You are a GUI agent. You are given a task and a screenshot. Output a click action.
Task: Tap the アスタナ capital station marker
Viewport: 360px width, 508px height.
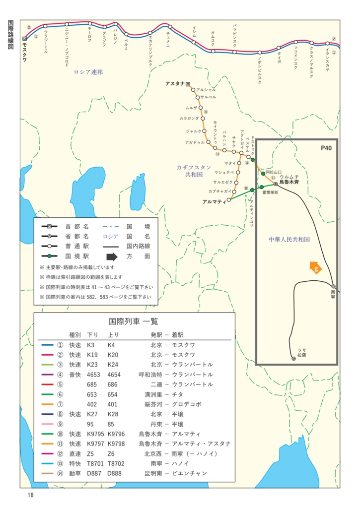coord(188,84)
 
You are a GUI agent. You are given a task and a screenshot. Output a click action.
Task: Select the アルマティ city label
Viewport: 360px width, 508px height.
coord(215,202)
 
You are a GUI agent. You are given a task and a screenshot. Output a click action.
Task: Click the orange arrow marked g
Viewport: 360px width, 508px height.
coord(314,268)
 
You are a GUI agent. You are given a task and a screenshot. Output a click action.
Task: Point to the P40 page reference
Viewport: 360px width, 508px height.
coord(326,148)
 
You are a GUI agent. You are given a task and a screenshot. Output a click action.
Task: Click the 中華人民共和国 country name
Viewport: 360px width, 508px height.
coord(289,239)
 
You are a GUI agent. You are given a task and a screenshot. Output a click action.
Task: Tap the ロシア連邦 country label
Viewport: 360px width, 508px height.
coord(88,72)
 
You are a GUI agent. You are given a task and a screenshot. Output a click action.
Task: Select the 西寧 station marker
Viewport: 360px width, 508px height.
coord(334,286)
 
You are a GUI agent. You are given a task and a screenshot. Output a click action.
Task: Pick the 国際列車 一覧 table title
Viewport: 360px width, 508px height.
coord(134,321)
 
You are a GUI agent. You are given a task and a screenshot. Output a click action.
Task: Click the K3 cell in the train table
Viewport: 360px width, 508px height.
coord(90,345)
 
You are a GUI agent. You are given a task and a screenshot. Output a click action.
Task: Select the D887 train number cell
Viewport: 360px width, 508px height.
coord(94,473)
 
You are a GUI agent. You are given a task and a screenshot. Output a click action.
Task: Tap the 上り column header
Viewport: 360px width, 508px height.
coord(113,334)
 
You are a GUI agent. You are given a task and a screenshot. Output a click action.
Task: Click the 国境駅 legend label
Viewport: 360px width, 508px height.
coord(77,256)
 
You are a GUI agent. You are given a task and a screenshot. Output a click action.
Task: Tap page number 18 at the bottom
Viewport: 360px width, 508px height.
coord(30,495)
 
